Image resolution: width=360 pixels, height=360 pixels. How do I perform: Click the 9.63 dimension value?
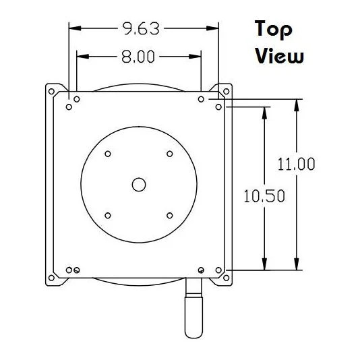click(142, 28)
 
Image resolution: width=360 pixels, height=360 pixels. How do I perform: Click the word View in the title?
click(279, 56)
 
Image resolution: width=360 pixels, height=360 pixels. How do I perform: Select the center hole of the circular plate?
click(139, 184)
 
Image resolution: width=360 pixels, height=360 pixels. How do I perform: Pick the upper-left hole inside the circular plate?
click(108, 154)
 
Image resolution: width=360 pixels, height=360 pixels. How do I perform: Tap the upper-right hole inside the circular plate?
click(169, 154)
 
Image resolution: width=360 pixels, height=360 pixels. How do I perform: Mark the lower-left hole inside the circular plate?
click(108, 216)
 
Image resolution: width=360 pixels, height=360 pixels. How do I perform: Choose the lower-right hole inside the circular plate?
click(169, 216)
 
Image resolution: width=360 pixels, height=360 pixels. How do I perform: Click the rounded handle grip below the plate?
click(193, 313)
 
